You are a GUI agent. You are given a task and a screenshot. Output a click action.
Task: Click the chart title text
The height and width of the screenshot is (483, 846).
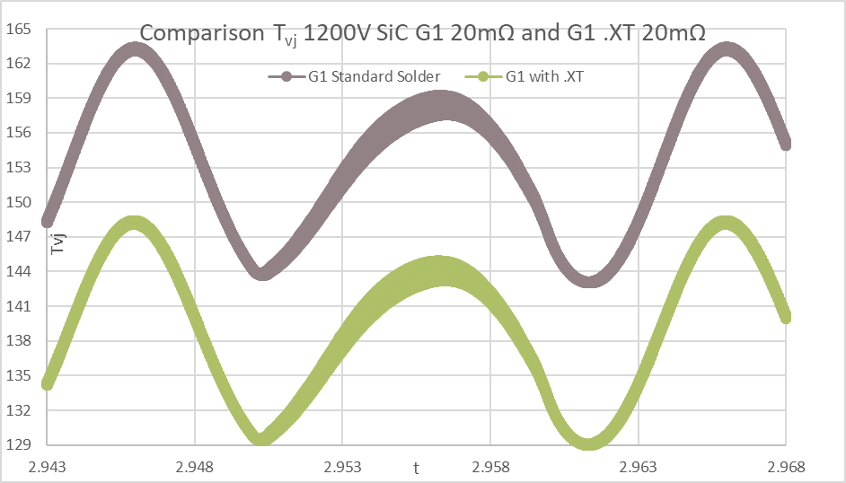coord(422,33)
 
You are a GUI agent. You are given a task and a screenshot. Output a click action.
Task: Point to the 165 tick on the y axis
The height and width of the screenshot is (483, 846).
coord(19,29)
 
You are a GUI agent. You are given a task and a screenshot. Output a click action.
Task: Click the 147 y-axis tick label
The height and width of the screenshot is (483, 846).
coord(19,237)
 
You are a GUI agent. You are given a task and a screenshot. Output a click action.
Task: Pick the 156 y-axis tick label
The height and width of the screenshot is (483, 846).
coord(19,133)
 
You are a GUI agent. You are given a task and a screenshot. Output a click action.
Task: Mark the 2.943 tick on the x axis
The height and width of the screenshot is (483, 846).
coord(48,466)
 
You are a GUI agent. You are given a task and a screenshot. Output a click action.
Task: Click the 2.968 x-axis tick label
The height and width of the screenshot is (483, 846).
coord(785,466)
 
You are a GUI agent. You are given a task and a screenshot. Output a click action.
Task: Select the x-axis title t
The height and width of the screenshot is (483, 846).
coord(416,467)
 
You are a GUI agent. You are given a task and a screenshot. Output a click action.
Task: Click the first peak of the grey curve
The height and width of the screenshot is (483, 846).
coord(136,48)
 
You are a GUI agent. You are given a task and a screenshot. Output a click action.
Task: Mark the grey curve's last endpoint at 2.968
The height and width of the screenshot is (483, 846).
coord(785,144)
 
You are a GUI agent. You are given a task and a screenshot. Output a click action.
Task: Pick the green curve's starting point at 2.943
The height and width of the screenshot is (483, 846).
coord(48,384)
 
